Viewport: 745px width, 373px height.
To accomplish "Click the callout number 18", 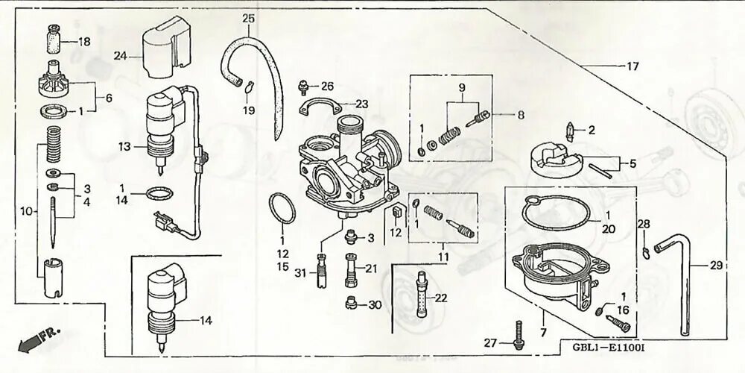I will pyautogui.click(x=84, y=42).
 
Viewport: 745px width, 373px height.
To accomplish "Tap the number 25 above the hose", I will pyautogui.click(x=248, y=17).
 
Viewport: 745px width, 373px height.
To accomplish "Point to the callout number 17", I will pyautogui.click(x=632, y=66).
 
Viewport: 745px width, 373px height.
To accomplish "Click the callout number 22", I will pyautogui.click(x=441, y=298).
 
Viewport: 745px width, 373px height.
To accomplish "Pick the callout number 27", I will pyautogui.click(x=489, y=343).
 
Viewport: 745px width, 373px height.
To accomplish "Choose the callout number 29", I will pyautogui.click(x=716, y=265).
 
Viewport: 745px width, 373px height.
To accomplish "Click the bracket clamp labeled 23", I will pyautogui.click(x=326, y=107).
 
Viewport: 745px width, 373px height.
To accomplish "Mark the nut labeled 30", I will pyautogui.click(x=352, y=303).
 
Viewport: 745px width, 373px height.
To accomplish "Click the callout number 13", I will pyautogui.click(x=124, y=146).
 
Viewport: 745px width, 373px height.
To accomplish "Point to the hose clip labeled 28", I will pyautogui.click(x=645, y=248).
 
